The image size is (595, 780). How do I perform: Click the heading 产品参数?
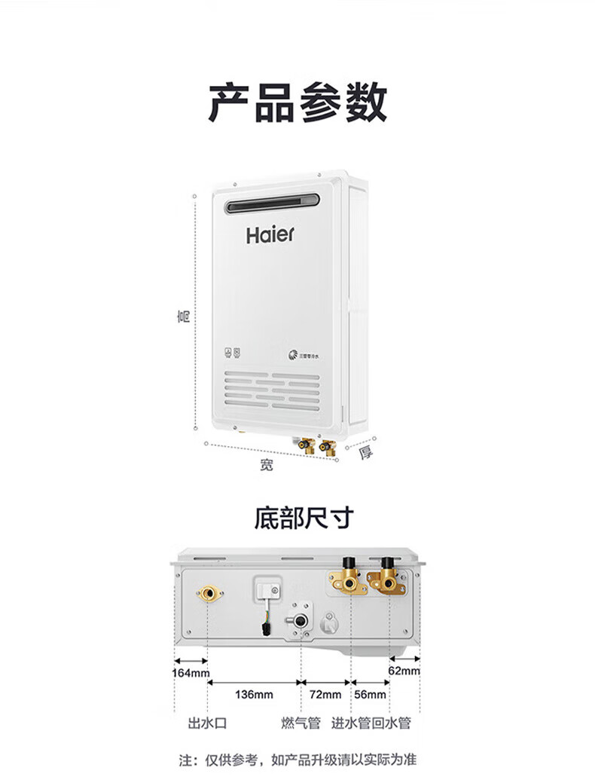[x=297, y=103]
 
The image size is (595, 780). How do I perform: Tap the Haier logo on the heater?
[x=270, y=234]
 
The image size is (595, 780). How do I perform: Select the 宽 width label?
[x=267, y=465]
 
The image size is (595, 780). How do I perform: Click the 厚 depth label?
[x=366, y=452]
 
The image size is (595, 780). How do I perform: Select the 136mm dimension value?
[x=254, y=694]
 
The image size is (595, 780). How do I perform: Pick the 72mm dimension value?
[x=326, y=694]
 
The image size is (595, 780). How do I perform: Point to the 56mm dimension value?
[x=370, y=694]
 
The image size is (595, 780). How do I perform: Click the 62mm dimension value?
[x=404, y=670]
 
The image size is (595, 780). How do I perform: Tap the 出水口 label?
[x=207, y=723]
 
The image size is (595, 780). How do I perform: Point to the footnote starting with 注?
[x=297, y=759]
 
